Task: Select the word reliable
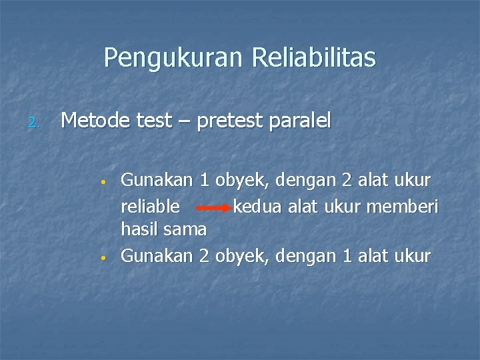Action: [x=149, y=205]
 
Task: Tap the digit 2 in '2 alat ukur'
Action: [x=347, y=180]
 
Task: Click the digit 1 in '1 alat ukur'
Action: [x=347, y=255]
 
